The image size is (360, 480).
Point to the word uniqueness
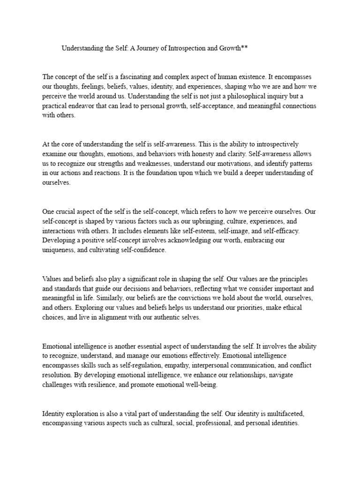[x=60, y=250]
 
